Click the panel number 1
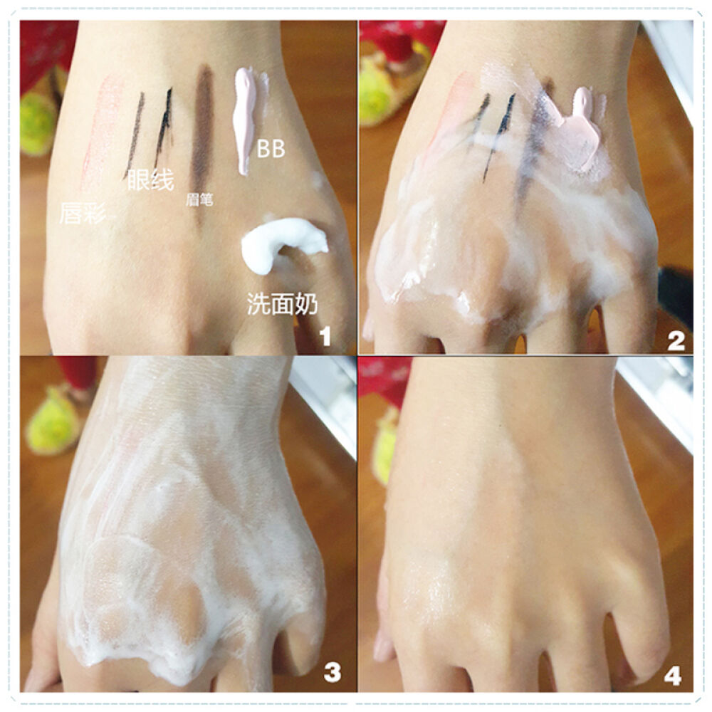325,337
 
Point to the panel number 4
673,676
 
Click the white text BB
271,149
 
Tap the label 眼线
150,180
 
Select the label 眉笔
199,199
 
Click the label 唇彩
83,213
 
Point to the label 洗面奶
282,303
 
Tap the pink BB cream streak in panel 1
244,120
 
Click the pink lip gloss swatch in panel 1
100,132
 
